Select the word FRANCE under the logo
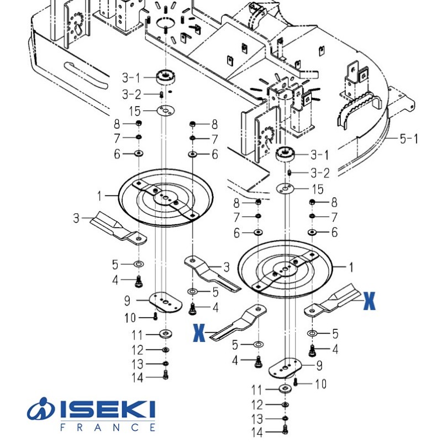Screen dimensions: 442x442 [107, 427]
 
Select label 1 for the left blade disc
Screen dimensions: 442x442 [100, 195]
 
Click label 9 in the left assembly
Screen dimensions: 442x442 [127, 301]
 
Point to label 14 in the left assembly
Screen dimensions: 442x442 [137, 378]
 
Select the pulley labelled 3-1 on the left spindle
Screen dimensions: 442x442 [165, 77]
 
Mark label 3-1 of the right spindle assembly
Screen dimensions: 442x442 [320, 154]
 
